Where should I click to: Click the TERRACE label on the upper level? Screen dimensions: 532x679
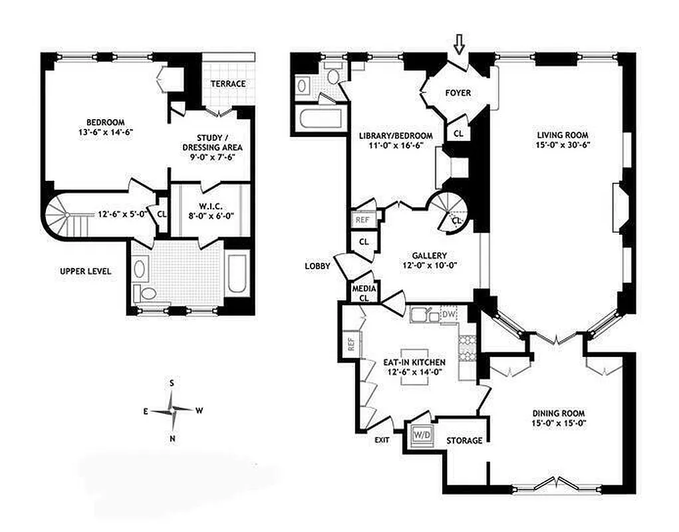click(228, 84)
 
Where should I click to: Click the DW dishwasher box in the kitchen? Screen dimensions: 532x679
click(449, 314)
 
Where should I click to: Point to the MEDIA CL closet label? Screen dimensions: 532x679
click(364, 293)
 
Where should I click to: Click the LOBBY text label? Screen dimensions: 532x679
click(317, 266)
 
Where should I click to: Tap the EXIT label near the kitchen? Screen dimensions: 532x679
click(382, 440)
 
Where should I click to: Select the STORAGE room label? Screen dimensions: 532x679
click(464, 440)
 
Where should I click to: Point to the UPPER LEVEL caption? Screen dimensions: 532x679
click(85, 271)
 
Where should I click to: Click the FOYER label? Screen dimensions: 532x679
click(458, 93)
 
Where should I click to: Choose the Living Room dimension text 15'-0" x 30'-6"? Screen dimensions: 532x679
click(564, 144)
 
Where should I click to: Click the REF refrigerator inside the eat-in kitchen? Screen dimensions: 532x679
click(350, 344)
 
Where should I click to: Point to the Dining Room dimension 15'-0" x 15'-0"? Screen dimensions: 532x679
click(559, 422)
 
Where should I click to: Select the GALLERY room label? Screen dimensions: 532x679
click(429, 255)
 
